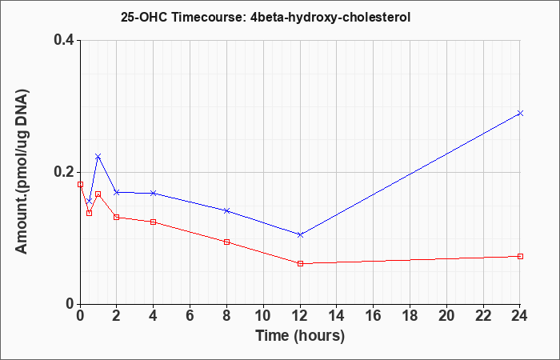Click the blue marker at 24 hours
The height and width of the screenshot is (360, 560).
[x=520, y=114]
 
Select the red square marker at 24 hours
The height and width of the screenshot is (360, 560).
[x=520, y=257]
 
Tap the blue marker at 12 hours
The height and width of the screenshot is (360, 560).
[x=300, y=234]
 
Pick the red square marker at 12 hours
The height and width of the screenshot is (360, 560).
[x=300, y=263]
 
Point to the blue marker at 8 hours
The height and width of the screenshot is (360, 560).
[x=226, y=210]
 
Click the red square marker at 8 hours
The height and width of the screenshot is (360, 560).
[x=226, y=242]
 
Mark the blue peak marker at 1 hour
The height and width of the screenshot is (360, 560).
[x=98, y=157]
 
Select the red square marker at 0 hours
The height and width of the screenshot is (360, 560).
[x=80, y=184]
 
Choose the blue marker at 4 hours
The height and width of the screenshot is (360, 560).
[x=154, y=194]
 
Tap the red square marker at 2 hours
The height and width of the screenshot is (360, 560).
[x=117, y=217]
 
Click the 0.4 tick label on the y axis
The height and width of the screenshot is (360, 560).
[x=64, y=40]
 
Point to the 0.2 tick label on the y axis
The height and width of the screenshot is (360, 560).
[x=64, y=172]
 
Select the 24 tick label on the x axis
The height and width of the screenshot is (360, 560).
[x=519, y=316]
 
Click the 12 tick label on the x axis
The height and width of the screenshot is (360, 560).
[x=300, y=316]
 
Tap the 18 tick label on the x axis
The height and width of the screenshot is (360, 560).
[x=410, y=316]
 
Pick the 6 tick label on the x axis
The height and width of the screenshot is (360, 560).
[x=190, y=316]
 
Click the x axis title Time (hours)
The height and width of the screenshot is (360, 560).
[x=300, y=336]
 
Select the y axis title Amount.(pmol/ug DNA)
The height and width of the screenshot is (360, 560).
[x=22, y=172]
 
